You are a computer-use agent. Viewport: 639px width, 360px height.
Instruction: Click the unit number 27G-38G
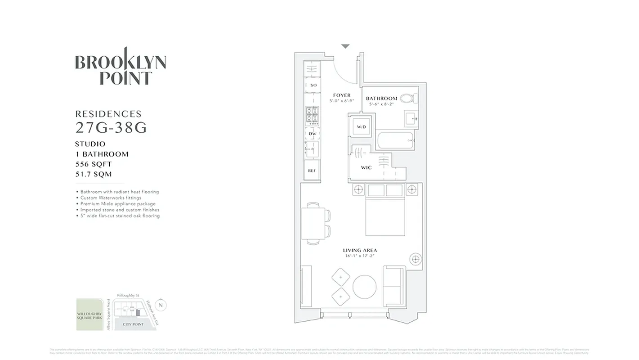click(x=111, y=128)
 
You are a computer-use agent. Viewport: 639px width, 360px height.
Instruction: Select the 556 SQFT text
click(x=94, y=164)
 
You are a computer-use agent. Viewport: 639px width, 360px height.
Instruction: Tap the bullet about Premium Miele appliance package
click(x=118, y=204)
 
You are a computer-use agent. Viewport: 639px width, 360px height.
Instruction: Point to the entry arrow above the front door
click(x=345, y=46)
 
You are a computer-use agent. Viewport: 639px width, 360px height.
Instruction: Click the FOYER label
click(x=342, y=95)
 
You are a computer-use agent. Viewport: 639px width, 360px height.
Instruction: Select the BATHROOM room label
click(x=381, y=98)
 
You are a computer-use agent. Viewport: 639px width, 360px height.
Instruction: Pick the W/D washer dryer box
click(x=362, y=127)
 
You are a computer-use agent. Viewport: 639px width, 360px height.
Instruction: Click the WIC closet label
click(x=366, y=168)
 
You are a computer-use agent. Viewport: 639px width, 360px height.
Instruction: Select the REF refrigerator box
click(x=312, y=171)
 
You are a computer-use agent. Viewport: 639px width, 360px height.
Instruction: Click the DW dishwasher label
click(x=312, y=134)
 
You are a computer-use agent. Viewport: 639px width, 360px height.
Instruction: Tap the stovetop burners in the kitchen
click(x=312, y=116)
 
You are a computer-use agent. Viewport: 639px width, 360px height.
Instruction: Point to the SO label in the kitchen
click(x=313, y=85)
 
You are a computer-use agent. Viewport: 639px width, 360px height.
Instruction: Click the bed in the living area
click(x=385, y=211)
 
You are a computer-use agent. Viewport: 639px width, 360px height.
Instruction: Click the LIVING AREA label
click(x=360, y=250)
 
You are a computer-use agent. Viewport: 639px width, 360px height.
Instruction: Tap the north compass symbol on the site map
click(x=161, y=305)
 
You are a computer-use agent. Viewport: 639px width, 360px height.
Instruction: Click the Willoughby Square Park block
click(x=89, y=315)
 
